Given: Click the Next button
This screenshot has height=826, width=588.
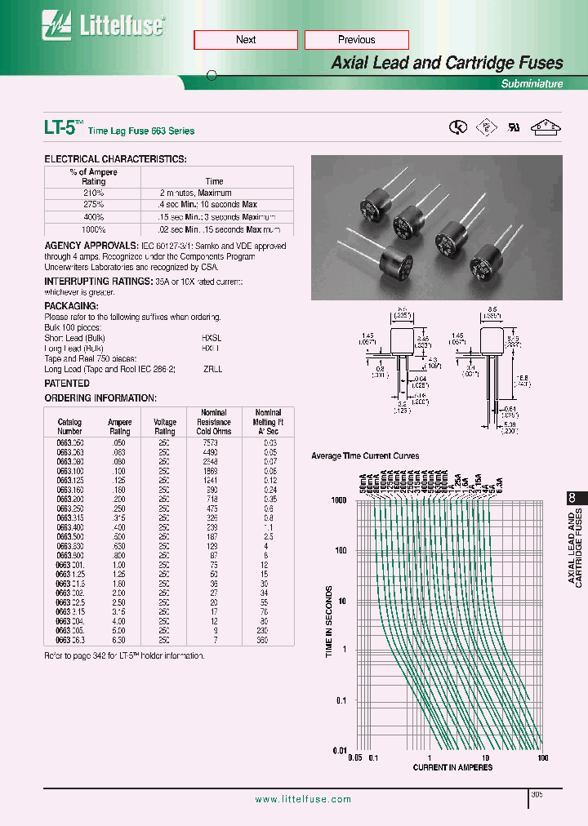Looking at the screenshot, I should (245, 40).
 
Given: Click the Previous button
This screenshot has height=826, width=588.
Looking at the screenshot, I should (356, 40).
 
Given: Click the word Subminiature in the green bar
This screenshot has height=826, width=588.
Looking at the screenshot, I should (532, 84).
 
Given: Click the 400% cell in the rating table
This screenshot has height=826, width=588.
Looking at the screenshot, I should (94, 217).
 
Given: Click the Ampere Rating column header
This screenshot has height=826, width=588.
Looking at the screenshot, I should (120, 427).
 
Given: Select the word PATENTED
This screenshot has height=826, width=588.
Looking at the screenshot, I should (67, 383).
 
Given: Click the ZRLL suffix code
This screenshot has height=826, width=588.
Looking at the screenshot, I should (212, 369).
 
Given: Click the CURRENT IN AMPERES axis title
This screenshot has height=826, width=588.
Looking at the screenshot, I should (452, 767).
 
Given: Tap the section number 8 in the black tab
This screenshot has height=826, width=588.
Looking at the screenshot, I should (571, 499).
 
